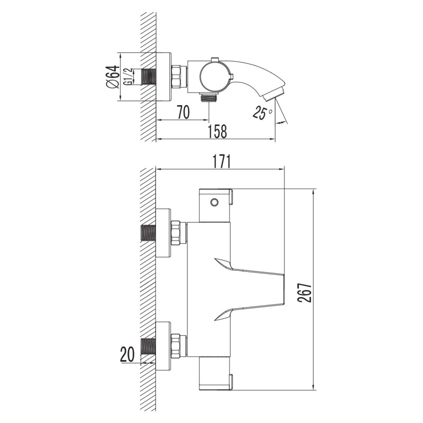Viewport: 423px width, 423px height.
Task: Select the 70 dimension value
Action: tap(183, 112)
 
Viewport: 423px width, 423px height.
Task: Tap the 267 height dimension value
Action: tap(302, 289)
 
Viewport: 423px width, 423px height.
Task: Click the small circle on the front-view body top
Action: tap(214, 202)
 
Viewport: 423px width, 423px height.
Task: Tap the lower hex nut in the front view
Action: tap(179, 346)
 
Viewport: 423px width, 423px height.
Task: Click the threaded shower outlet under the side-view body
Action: tap(209, 98)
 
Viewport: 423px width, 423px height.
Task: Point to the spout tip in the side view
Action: tap(275, 95)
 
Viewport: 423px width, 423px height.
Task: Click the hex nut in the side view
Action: tap(179, 77)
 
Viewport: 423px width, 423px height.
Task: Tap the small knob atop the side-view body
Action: tap(214, 59)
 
